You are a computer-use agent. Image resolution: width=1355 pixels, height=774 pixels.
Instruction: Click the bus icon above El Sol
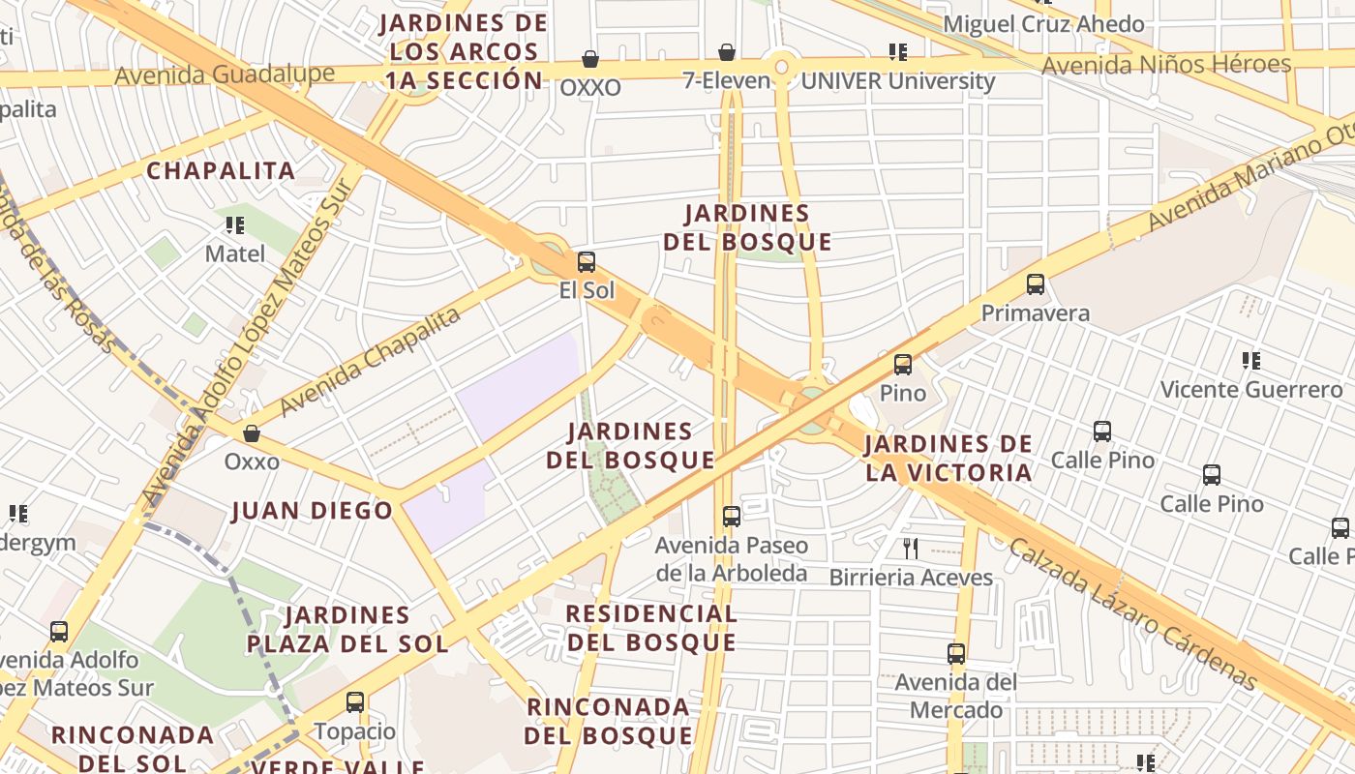coord(586,262)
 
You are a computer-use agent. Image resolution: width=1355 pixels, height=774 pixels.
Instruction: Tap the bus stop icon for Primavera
coord(1035,284)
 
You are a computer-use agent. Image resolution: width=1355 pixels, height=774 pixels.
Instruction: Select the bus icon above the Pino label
coord(902,365)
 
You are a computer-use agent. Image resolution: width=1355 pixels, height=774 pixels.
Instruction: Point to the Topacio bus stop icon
coord(355,702)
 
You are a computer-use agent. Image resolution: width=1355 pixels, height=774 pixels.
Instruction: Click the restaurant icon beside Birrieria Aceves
coord(910,549)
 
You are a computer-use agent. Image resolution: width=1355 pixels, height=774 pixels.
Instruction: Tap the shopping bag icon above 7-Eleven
coord(726,52)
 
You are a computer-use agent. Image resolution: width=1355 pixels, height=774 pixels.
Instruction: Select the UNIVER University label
coord(897,81)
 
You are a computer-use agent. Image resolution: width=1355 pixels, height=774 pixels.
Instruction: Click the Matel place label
coord(234,253)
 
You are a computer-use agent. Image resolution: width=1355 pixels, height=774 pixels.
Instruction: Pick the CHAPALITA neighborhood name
coord(221,171)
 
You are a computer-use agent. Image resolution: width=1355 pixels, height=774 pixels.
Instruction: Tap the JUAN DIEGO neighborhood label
coord(312,511)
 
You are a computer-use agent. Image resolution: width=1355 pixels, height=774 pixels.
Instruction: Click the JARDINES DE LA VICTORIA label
coord(948,459)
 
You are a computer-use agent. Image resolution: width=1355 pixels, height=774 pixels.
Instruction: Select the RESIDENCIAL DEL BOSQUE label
coord(650,628)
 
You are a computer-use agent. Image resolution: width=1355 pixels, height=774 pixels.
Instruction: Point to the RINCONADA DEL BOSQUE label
coord(609,721)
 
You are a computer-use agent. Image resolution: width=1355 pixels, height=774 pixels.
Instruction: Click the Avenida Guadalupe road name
coord(225,74)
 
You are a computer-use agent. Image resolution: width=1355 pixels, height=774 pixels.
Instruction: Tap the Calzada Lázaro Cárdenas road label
coord(1132,613)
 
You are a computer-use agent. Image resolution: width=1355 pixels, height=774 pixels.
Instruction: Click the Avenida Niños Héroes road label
coord(1166,66)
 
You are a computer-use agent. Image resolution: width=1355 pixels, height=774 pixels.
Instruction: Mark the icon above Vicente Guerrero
coord(1250,361)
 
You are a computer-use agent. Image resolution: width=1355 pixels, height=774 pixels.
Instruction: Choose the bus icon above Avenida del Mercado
coord(956,654)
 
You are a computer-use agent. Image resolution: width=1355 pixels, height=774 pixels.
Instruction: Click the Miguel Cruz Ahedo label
coord(1043,23)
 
